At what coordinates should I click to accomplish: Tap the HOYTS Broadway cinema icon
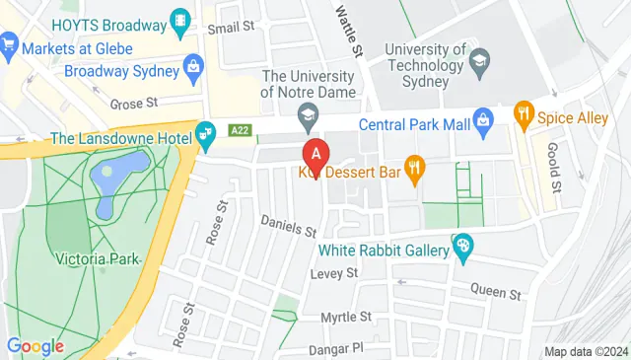[x=180, y=19]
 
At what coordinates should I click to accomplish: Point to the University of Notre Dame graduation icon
[x=308, y=115]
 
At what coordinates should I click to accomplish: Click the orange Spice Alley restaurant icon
[x=524, y=117]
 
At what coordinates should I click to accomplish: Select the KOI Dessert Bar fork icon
[x=414, y=170]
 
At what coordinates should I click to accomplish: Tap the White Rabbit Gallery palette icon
[x=462, y=247]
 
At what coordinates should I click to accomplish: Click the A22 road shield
[x=239, y=129]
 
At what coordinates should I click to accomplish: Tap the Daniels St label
[x=288, y=227]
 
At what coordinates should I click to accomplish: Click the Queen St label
[x=494, y=292]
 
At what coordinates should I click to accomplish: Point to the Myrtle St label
[x=346, y=317]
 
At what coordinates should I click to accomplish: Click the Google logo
[x=35, y=346]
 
